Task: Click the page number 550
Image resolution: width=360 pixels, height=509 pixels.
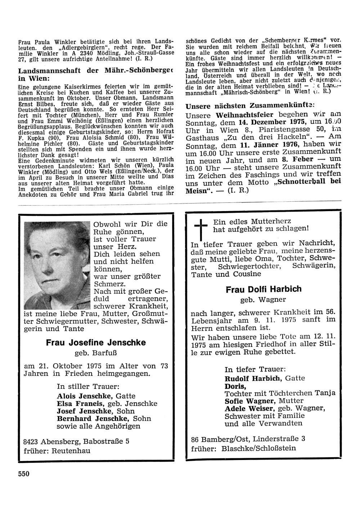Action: tap(24, 474)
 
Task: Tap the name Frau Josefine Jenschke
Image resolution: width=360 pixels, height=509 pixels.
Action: tap(96, 343)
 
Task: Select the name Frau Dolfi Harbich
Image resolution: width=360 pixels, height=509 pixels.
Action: tap(264, 289)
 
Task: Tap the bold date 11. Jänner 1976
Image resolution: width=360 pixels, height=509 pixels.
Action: tap(263, 144)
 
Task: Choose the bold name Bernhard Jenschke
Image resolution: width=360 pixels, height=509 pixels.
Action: tap(94, 419)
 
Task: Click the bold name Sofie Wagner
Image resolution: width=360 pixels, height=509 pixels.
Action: tap(248, 401)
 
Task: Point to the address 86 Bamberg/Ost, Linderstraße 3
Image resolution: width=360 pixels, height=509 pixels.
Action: tap(248, 439)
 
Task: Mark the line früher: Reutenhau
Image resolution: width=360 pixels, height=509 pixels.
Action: tap(57, 451)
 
